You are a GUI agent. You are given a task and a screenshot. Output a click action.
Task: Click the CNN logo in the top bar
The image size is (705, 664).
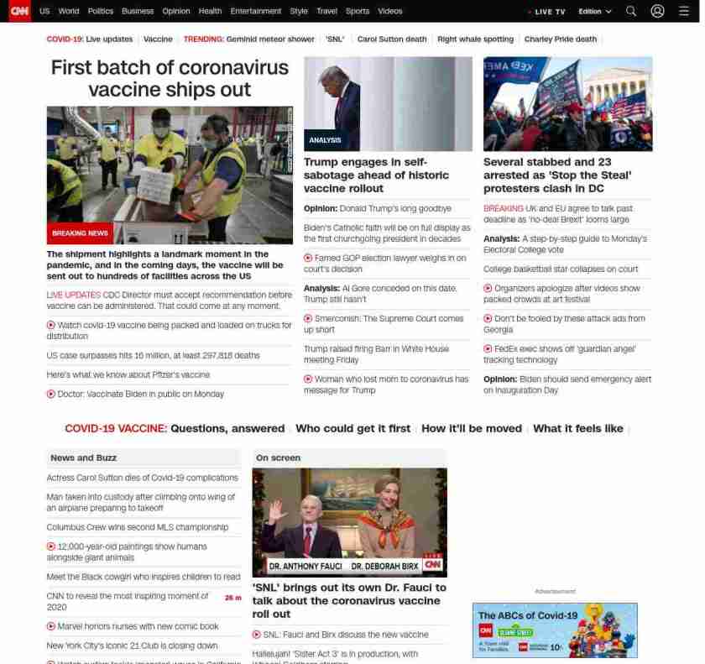[x=19, y=11]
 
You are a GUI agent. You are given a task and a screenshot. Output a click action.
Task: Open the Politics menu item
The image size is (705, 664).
[x=100, y=12]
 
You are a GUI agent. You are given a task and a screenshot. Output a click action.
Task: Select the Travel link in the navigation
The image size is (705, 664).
[x=326, y=12]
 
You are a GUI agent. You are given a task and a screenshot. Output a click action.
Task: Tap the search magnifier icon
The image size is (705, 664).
[x=631, y=12]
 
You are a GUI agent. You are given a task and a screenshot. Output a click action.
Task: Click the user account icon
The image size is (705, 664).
[x=657, y=12]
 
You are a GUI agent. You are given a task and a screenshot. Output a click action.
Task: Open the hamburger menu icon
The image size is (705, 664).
[x=683, y=12]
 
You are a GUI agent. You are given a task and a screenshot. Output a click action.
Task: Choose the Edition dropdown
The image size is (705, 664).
[x=595, y=12]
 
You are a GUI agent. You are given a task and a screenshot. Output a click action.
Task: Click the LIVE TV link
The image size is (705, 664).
[x=549, y=12]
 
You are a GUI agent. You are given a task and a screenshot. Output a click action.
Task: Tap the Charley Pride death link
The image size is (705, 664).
[x=560, y=39]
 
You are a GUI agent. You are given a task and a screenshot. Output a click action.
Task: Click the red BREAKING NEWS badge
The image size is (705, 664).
[x=80, y=233]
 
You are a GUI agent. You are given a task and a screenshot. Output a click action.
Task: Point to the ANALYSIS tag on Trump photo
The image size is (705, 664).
[x=325, y=140]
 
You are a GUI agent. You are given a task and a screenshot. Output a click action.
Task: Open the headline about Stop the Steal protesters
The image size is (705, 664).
[x=556, y=175]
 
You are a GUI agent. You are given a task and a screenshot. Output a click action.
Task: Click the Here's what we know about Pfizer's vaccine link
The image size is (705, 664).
[x=128, y=374]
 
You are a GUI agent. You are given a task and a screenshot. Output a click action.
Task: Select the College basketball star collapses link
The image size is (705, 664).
[x=560, y=269]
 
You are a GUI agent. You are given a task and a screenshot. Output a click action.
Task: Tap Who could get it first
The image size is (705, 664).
[x=352, y=428]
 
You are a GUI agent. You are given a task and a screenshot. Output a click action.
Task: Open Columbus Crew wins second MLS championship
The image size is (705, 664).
[x=137, y=527]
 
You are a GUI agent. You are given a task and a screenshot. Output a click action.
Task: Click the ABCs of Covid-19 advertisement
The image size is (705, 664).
[x=554, y=630]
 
